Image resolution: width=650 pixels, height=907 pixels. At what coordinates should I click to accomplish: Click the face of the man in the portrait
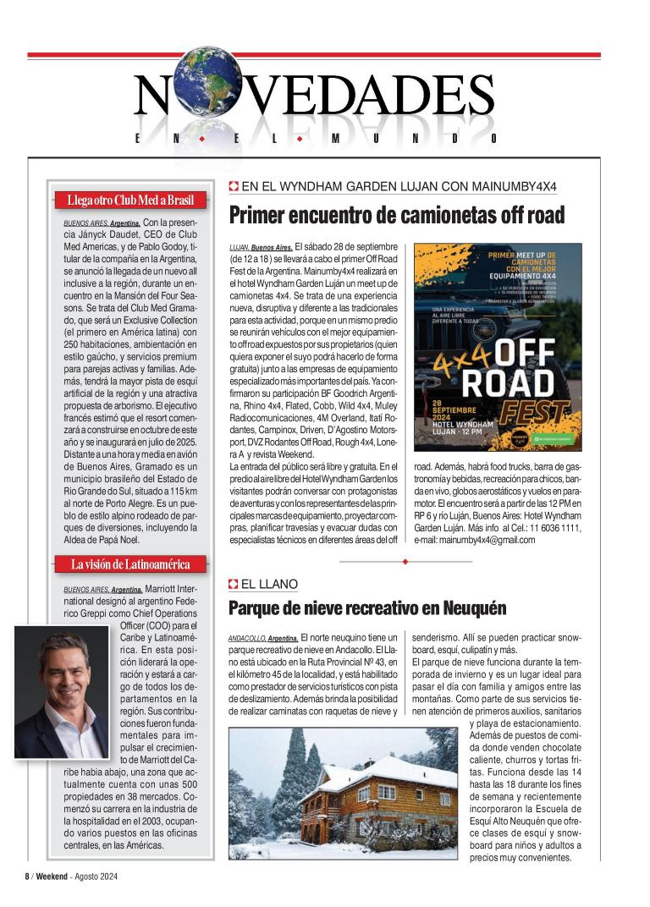point(61,664)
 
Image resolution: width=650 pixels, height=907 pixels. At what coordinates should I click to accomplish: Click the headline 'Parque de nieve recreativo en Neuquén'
point(367,607)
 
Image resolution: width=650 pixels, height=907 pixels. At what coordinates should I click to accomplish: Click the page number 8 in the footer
point(26,877)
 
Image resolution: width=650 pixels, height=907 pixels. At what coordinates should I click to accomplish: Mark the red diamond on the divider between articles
point(405,561)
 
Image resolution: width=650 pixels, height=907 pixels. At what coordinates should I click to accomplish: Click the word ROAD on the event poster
point(510,382)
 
